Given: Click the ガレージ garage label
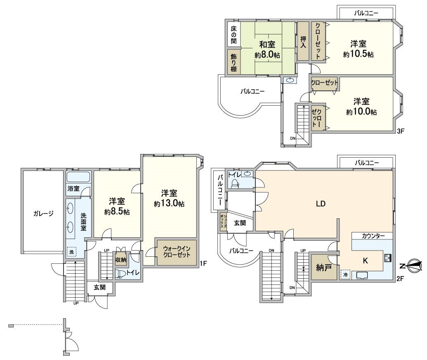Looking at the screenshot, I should [x=43, y=213].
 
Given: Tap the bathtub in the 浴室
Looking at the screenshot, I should [x=78, y=178].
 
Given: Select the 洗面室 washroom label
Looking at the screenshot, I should [x=83, y=222].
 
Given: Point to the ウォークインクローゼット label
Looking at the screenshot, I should [x=176, y=251].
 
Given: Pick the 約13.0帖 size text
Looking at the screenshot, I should [x=169, y=204].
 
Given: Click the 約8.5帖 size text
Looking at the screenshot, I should [x=117, y=212].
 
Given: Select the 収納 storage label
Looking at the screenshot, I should [x=120, y=260].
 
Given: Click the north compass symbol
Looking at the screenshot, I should [x=414, y=266].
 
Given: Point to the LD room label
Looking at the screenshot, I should [x=321, y=204].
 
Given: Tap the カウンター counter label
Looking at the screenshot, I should [x=373, y=236].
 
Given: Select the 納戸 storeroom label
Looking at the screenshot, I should [x=324, y=268].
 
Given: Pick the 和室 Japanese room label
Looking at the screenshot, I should [x=267, y=44].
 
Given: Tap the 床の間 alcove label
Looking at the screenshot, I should [x=234, y=35].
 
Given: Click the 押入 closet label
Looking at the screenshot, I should [x=303, y=42].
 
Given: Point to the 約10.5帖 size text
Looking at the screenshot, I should [x=359, y=54].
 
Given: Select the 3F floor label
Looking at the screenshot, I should [x=400, y=131].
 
